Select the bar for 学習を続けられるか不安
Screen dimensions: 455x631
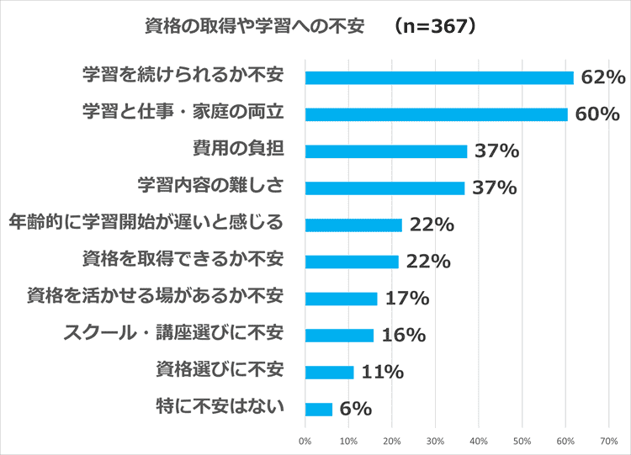pos(439,77)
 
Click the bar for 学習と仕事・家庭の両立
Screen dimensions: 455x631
pos(436,114)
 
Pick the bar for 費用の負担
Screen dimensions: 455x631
pos(385,151)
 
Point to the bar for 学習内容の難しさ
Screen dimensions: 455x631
pos(384,188)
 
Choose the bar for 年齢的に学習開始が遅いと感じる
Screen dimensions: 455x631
pos(353,225)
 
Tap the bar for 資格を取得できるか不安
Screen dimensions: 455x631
pos(352,262)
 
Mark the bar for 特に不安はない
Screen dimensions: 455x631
pos(319,410)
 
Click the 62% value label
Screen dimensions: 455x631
pos(602,77)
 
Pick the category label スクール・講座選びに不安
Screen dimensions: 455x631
pos(173,334)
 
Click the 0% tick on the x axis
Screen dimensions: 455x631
pos(305,440)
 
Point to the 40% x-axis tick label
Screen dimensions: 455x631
pos(479,440)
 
